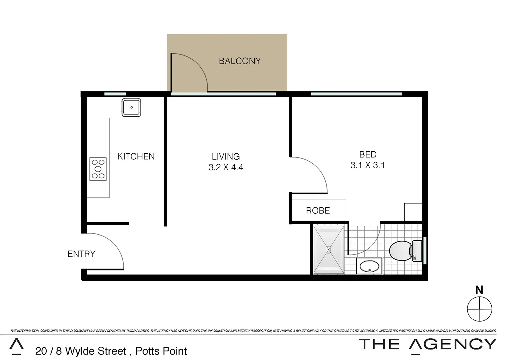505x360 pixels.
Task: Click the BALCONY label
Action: pyautogui.click(x=239, y=61)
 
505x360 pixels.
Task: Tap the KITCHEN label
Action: pyautogui.click(x=136, y=156)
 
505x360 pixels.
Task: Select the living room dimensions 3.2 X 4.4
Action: pyautogui.click(x=226, y=167)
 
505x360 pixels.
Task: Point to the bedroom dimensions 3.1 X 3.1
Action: pyautogui.click(x=367, y=165)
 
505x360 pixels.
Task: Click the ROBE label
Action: pyautogui.click(x=318, y=211)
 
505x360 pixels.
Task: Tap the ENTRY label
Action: pyautogui.click(x=81, y=254)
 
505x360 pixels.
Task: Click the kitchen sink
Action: pyautogui.click(x=131, y=107)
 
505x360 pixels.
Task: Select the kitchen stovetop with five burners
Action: pyautogui.click(x=98, y=169)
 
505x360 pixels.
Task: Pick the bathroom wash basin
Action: pyautogui.click(x=369, y=266)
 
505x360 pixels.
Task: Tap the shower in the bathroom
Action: pyautogui.click(x=329, y=249)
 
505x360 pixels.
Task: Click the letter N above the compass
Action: pyautogui.click(x=479, y=290)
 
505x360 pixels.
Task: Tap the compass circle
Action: pyautogui.click(x=479, y=309)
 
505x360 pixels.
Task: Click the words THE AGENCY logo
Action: pyautogui.click(x=427, y=344)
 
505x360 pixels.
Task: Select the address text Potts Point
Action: pyautogui.click(x=161, y=351)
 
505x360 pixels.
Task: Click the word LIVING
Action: pyautogui.click(x=226, y=156)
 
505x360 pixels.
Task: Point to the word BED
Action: pyautogui.click(x=368, y=154)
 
